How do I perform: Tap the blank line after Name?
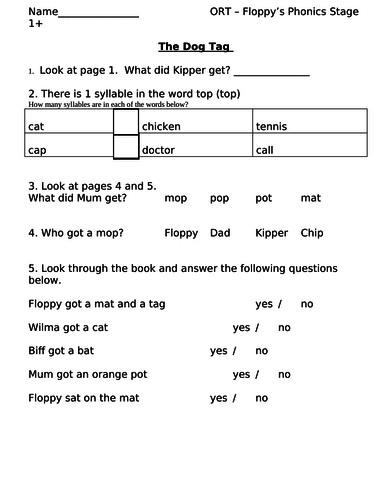coord(99,13)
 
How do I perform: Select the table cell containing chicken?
coord(196,126)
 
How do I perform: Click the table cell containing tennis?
coord(311,126)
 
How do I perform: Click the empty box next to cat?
coord(125,122)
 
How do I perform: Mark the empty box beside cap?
coord(125,147)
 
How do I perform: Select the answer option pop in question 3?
coord(220,198)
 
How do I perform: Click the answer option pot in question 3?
coord(264,198)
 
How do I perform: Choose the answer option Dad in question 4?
coord(221,232)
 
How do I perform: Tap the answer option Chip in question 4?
coord(312,232)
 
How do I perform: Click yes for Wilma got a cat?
coord(241,327)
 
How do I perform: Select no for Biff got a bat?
coord(262,351)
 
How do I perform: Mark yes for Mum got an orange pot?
coord(241,374)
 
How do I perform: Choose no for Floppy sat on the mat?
coord(262,398)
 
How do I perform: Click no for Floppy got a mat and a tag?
coord(307,304)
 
